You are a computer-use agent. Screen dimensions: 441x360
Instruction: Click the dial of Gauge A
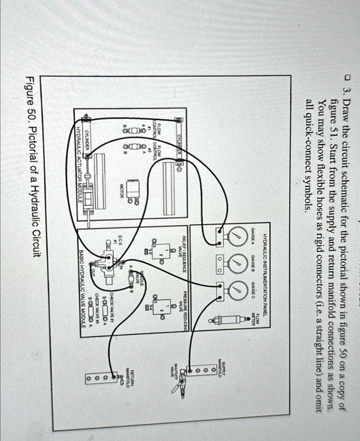[236, 236]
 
